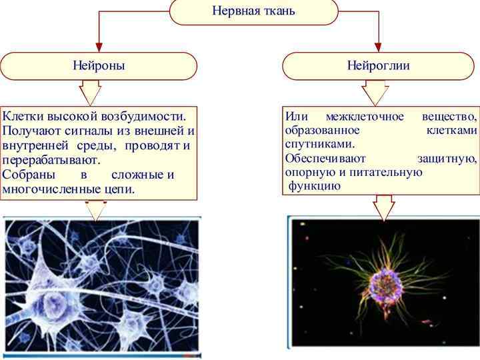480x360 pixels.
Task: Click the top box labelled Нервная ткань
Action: pos(253,11)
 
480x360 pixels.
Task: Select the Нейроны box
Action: pos(99,65)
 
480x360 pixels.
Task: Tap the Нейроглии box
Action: pos(378,65)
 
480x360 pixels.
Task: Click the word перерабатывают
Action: pos(51,161)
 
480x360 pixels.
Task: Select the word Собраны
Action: pos(27,175)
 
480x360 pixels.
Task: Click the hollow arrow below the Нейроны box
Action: pos(90,92)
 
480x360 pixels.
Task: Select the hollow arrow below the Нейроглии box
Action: pos(374,92)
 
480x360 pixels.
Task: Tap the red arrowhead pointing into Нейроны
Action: pos(99,47)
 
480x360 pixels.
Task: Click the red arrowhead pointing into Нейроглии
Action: pos(379,47)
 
